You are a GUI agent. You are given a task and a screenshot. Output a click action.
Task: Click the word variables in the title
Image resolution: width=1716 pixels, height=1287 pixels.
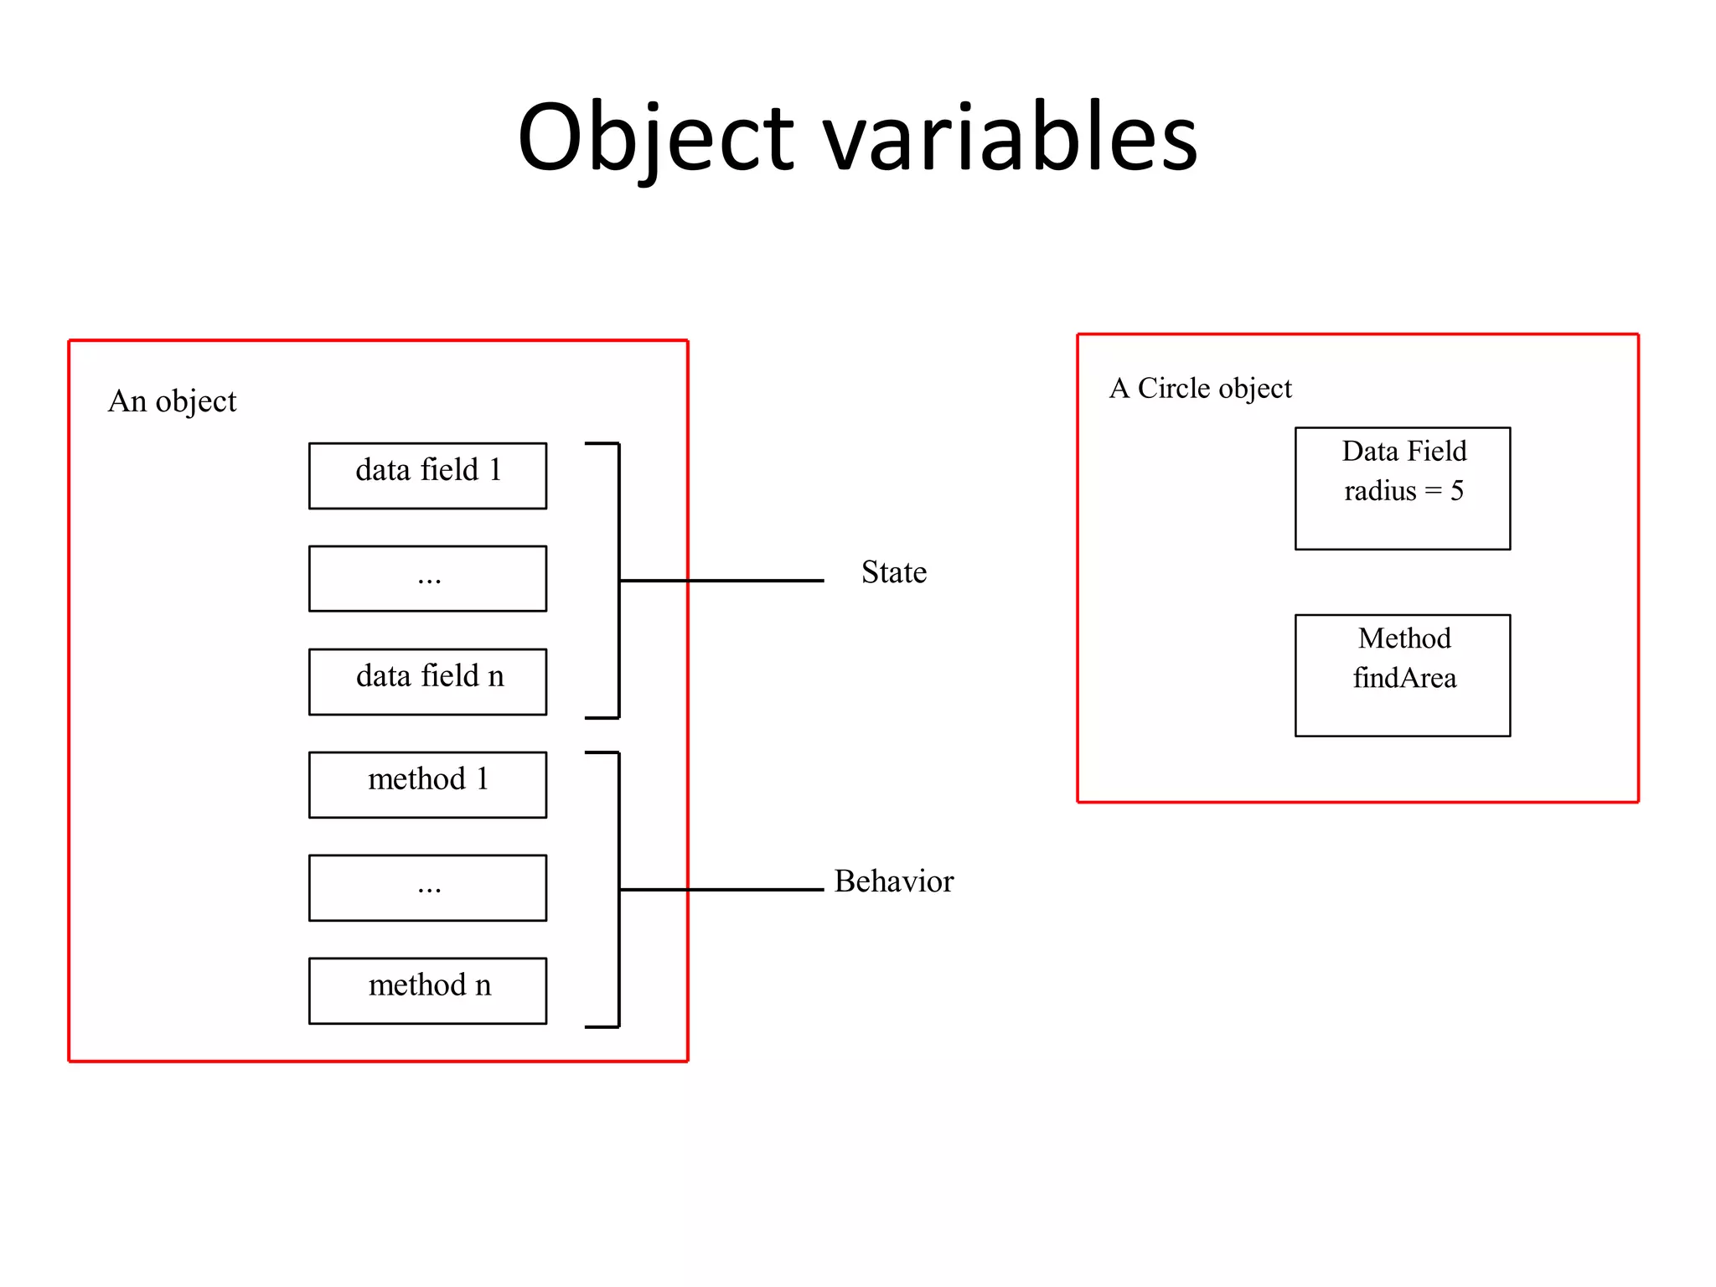(x=1010, y=138)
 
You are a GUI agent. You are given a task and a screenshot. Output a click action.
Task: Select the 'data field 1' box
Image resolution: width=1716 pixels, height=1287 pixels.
(x=427, y=475)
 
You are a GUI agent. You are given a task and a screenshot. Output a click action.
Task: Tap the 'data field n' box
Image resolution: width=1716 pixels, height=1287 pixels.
(x=427, y=681)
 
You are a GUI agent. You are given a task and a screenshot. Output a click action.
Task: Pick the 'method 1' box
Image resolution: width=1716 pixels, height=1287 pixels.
(x=427, y=784)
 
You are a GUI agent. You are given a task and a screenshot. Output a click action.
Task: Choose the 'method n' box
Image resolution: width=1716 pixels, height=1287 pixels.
(x=427, y=990)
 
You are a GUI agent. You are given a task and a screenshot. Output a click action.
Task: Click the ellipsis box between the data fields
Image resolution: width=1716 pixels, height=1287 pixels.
(x=427, y=578)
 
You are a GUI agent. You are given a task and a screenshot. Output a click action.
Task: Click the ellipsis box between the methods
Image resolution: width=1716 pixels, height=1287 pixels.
(x=427, y=887)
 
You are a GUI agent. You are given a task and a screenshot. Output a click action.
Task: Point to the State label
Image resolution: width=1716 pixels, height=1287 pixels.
(x=893, y=572)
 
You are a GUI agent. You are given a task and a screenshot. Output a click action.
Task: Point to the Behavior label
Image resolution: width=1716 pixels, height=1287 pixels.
(x=893, y=881)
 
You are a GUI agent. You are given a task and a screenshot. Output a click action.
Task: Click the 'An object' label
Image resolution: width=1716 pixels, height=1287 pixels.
(x=172, y=401)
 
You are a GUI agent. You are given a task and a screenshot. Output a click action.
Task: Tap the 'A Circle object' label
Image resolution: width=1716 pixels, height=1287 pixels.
(x=1200, y=389)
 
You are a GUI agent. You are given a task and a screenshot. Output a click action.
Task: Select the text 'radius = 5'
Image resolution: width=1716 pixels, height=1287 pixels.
(x=1403, y=491)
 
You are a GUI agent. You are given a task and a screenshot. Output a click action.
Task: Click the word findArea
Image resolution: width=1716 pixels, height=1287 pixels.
(x=1404, y=678)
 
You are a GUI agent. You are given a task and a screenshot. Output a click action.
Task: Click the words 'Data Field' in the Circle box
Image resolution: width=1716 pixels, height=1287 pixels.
(x=1404, y=452)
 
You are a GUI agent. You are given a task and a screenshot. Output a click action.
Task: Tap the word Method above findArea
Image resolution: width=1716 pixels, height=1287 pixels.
(x=1404, y=638)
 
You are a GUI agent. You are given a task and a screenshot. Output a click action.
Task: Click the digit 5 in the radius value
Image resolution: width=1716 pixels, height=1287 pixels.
(x=1457, y=491)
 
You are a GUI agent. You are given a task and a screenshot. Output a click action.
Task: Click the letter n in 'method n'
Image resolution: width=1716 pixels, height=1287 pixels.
(x=483, y=986)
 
